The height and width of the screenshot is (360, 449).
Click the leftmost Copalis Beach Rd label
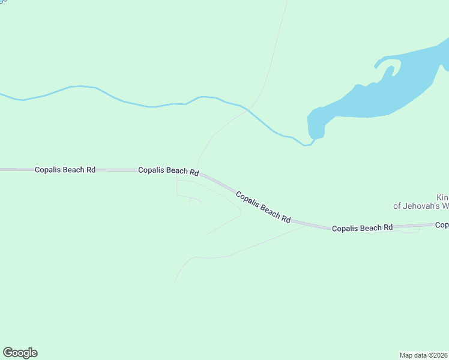tap(65, 170)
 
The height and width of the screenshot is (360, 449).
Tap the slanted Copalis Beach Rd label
tap(263, 208)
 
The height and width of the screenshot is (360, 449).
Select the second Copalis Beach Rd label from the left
tap(168, 171)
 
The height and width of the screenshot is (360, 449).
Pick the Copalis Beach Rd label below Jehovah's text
tap(362, 228)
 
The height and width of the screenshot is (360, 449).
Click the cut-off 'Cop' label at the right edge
tap(442, 225)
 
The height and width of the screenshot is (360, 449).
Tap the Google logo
tap(20, 353)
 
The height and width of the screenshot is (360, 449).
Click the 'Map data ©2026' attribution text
tap(423, 355)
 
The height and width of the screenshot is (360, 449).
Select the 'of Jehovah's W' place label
tap(421, 206)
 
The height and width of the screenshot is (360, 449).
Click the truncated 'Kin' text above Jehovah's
tap(442, 197)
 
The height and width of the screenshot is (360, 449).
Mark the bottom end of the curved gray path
tap(175, 281)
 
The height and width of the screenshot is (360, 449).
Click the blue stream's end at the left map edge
tap(2, 94)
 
